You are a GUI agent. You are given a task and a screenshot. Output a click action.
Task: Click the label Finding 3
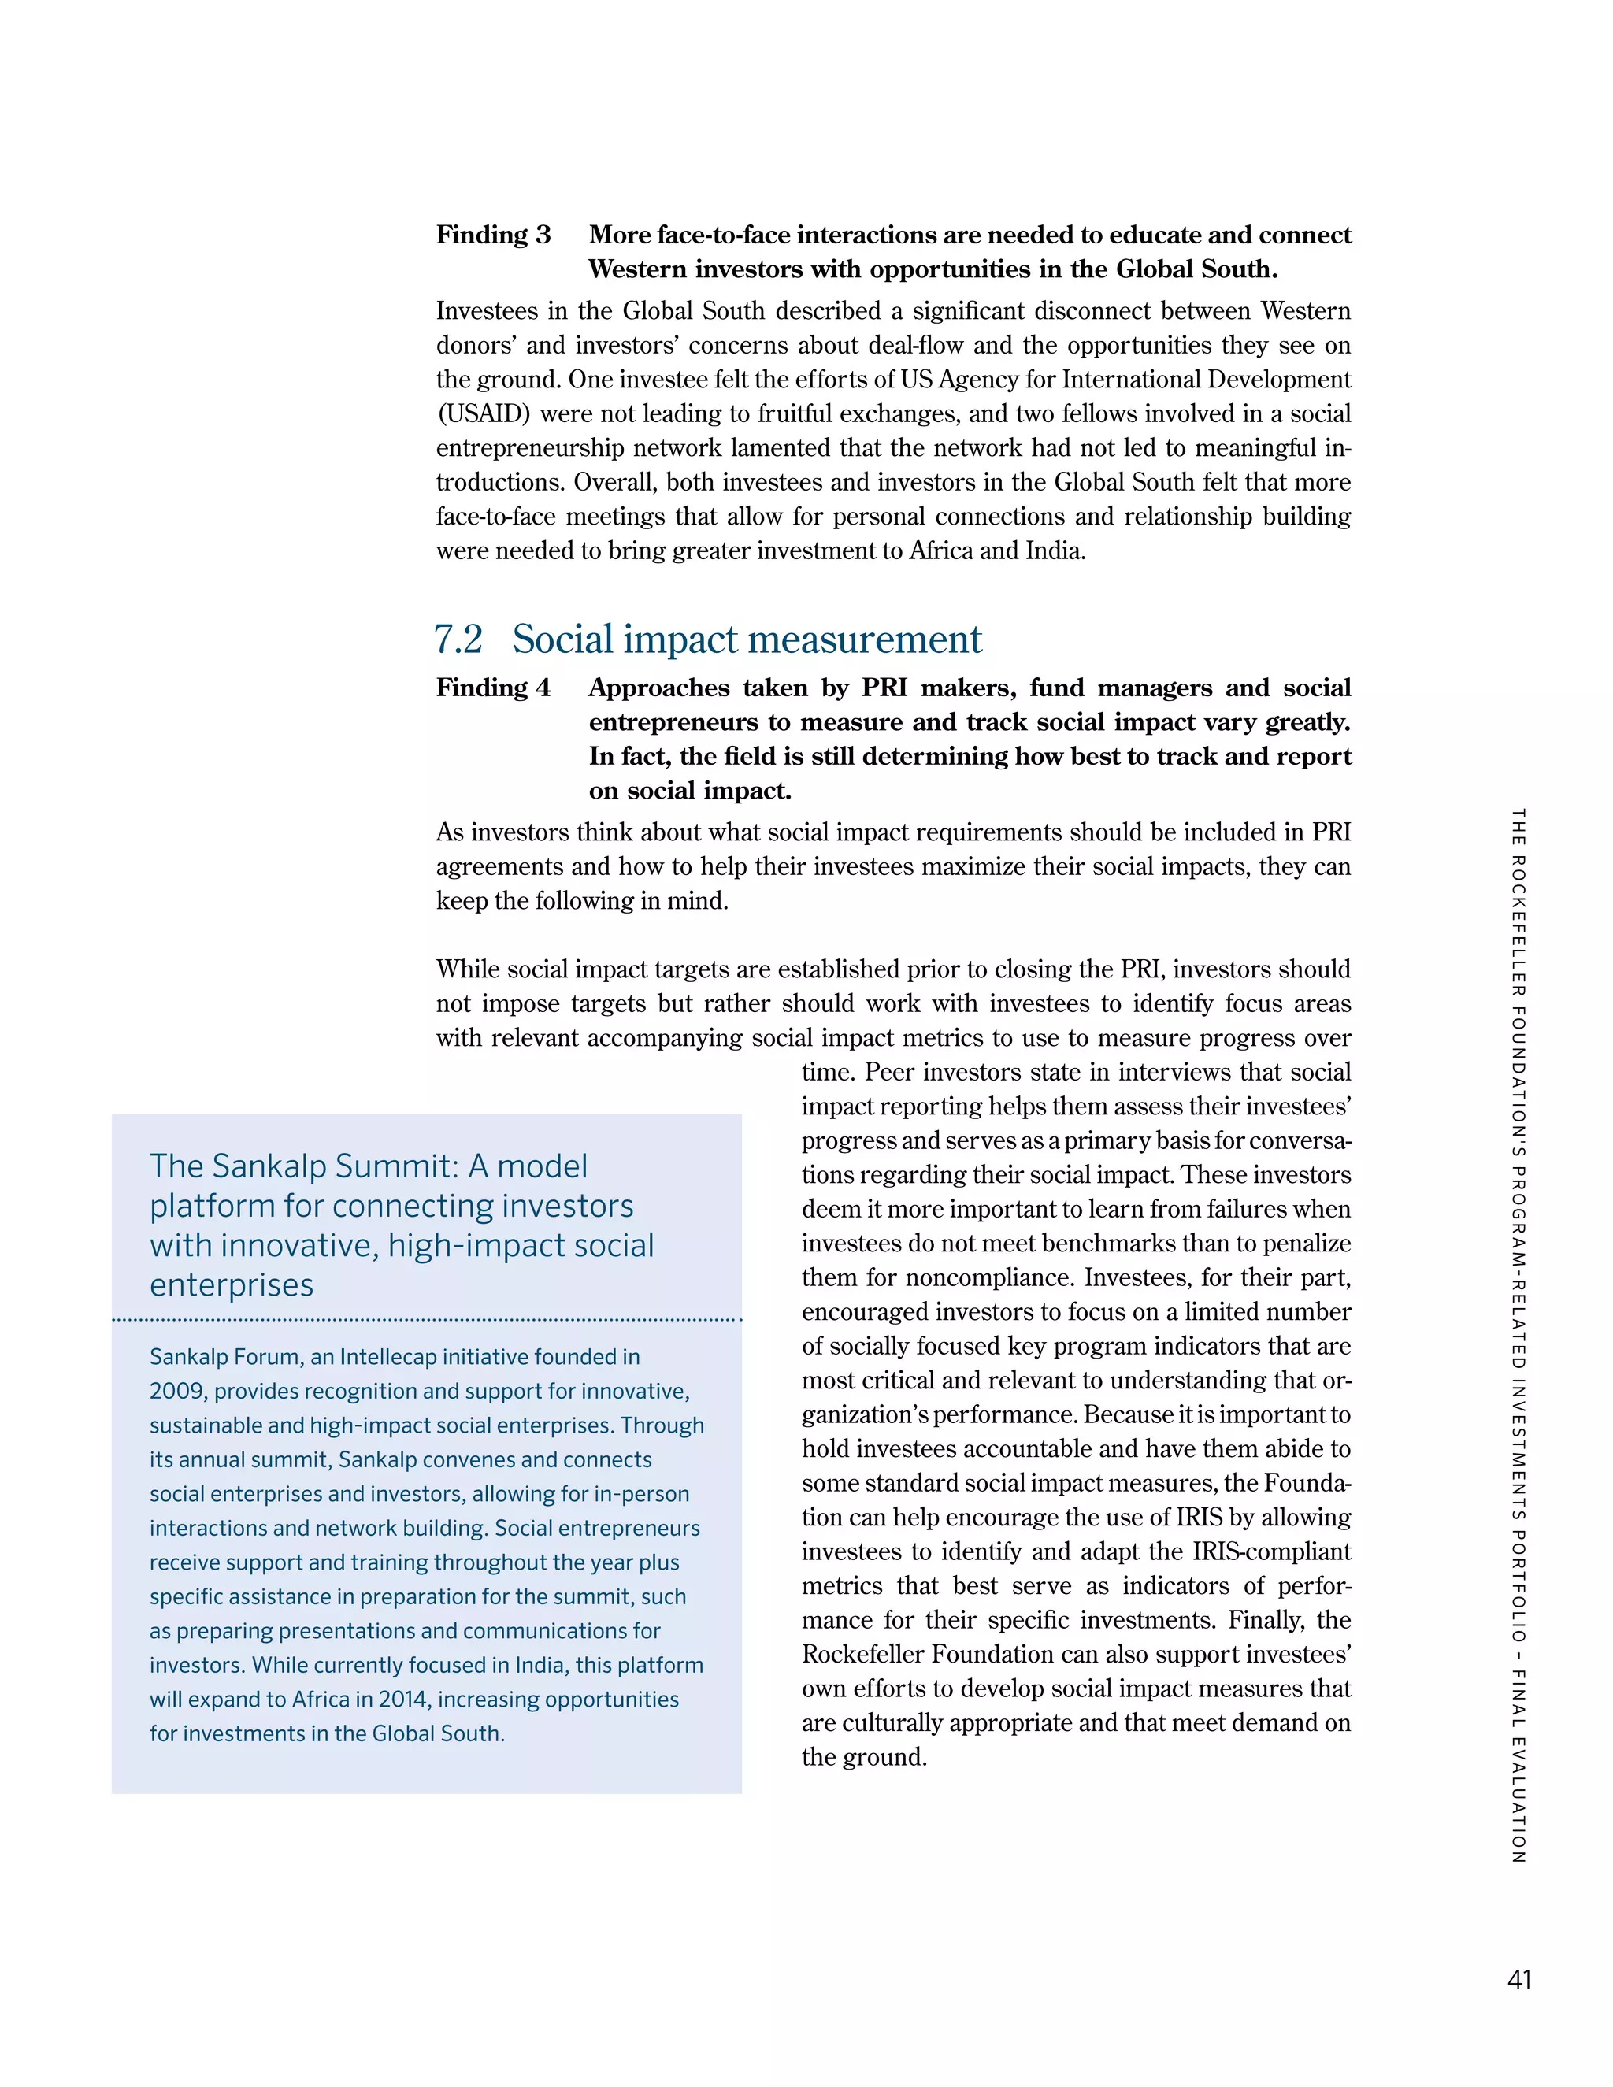click(493, 235)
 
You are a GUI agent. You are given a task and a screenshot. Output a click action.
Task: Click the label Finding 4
click(493, 688)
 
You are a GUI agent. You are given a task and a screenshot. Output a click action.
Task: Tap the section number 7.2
click(458, 639)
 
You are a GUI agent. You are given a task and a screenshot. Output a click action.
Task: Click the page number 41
click(1518, 1979)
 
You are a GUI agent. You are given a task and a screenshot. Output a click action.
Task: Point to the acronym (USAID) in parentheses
click(483, 413)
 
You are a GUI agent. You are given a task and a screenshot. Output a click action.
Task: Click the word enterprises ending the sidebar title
click(232, 1285)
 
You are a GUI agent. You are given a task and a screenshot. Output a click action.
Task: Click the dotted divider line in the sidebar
click(426, 1320)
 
